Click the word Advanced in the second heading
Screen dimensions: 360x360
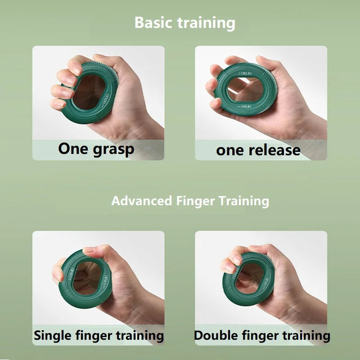142,201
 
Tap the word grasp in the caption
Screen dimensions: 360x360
114,150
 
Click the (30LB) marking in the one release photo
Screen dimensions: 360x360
245,73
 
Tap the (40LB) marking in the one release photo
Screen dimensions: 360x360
244,107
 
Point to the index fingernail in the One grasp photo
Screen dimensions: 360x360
76,67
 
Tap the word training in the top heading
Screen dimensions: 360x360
207,23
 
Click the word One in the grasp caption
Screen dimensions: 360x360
73,148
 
